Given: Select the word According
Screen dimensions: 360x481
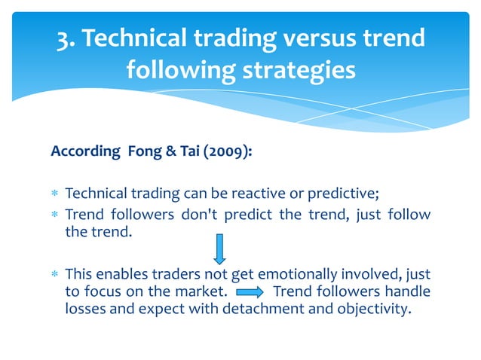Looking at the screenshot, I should [x=80, y=152].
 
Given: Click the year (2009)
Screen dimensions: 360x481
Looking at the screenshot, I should [x=224, y=152].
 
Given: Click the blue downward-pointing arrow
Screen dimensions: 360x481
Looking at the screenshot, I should [x=219, y=249].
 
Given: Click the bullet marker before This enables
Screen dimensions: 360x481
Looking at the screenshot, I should [x=55, y=273].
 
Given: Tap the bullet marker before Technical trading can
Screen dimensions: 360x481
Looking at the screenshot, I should [x=55, y=194].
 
